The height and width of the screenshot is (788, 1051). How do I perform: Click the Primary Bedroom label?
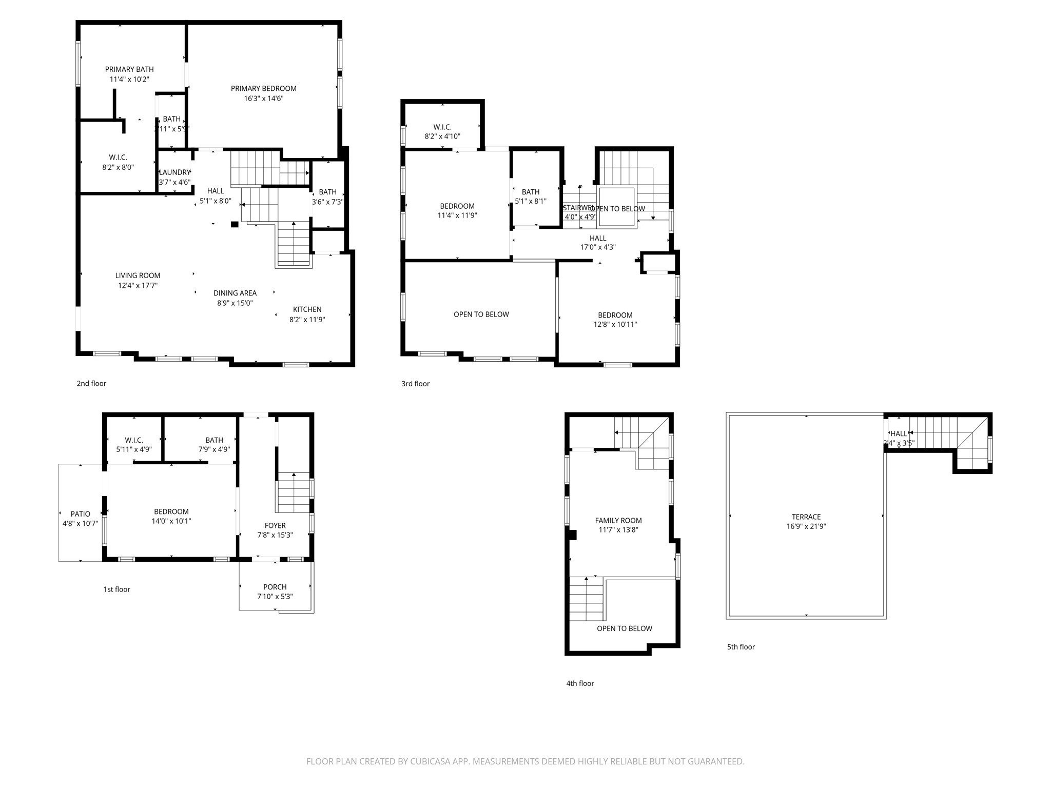[x=263, y=88]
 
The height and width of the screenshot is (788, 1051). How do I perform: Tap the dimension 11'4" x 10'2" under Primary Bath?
[x=129, y=80]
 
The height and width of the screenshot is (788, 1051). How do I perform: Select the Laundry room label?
[x=174, y=172]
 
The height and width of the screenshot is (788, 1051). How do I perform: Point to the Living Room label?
[x=138, y=275]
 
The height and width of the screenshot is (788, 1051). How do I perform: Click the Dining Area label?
[x=235, y=293]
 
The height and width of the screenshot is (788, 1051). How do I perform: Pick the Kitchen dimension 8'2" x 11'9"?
[x=307, y=319]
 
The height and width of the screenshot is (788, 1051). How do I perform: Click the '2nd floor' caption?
[x=91, y=383]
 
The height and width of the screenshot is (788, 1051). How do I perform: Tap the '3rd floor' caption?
[x=415, y=384]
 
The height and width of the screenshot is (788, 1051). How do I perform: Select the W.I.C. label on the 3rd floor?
[x=442, y=127]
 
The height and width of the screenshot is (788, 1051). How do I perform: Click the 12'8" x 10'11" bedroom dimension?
[x=615, y=324]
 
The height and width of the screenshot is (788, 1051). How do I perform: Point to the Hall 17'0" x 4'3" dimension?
[x=598, y=247]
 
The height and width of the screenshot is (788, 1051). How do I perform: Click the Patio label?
[x=80, y=514]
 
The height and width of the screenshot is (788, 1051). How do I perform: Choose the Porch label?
[x=275, y=587]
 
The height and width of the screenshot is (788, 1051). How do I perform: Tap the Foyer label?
[x=275, y=525]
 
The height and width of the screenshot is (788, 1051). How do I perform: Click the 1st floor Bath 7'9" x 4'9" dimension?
[x=214, y=449]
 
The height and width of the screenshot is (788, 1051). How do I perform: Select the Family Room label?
[x=618, y=520]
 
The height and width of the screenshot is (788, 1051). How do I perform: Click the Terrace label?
[x=806, y=517]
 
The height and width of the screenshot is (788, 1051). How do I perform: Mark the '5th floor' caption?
[x=741, y=647]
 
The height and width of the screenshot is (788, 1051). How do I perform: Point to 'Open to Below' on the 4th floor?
[x=624, y=628]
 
